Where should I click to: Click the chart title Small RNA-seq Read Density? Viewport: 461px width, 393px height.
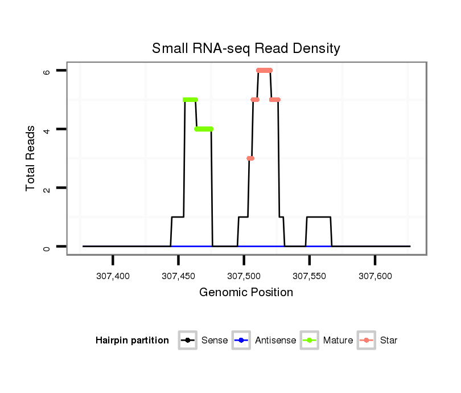click(x=246, y=48)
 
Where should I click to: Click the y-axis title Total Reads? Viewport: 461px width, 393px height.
click(x=31, y=158)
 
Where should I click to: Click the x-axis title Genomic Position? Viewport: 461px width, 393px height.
click(x=246, y=293)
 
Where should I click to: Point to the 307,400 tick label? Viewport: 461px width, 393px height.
click(x=113, y=276)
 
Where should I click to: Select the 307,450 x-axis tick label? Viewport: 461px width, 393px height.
click(x=179, y=276)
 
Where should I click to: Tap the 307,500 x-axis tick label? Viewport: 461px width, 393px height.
click(x=244, y=276)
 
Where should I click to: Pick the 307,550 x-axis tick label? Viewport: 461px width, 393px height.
click(x=310, y=276)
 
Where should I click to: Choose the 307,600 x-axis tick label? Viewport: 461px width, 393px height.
click(x=375, y=276)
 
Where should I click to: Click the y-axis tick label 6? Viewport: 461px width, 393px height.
click(x=47, y=71)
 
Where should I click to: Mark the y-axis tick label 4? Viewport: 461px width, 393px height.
click(x=47, y=129)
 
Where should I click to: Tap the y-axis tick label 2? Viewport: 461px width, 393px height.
click(x=47, y=188)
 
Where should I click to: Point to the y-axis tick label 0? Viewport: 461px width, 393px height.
click(x=47, y=247)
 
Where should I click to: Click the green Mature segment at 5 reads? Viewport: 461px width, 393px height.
click(x=190, y=100)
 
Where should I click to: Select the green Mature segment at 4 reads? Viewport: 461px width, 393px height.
click(x=204, y=129)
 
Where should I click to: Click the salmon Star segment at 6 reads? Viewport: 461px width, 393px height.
click(x=264, y=70)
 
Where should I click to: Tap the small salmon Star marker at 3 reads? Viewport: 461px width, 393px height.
click(x=250, y=158)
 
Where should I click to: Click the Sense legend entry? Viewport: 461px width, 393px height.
click(x=203, y=341)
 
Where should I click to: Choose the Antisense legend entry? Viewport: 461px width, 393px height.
click(x=264, y=341)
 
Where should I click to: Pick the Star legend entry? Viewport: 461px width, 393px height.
click(x=377, y=341)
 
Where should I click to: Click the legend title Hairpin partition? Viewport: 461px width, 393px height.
click(x=132, y=341)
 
